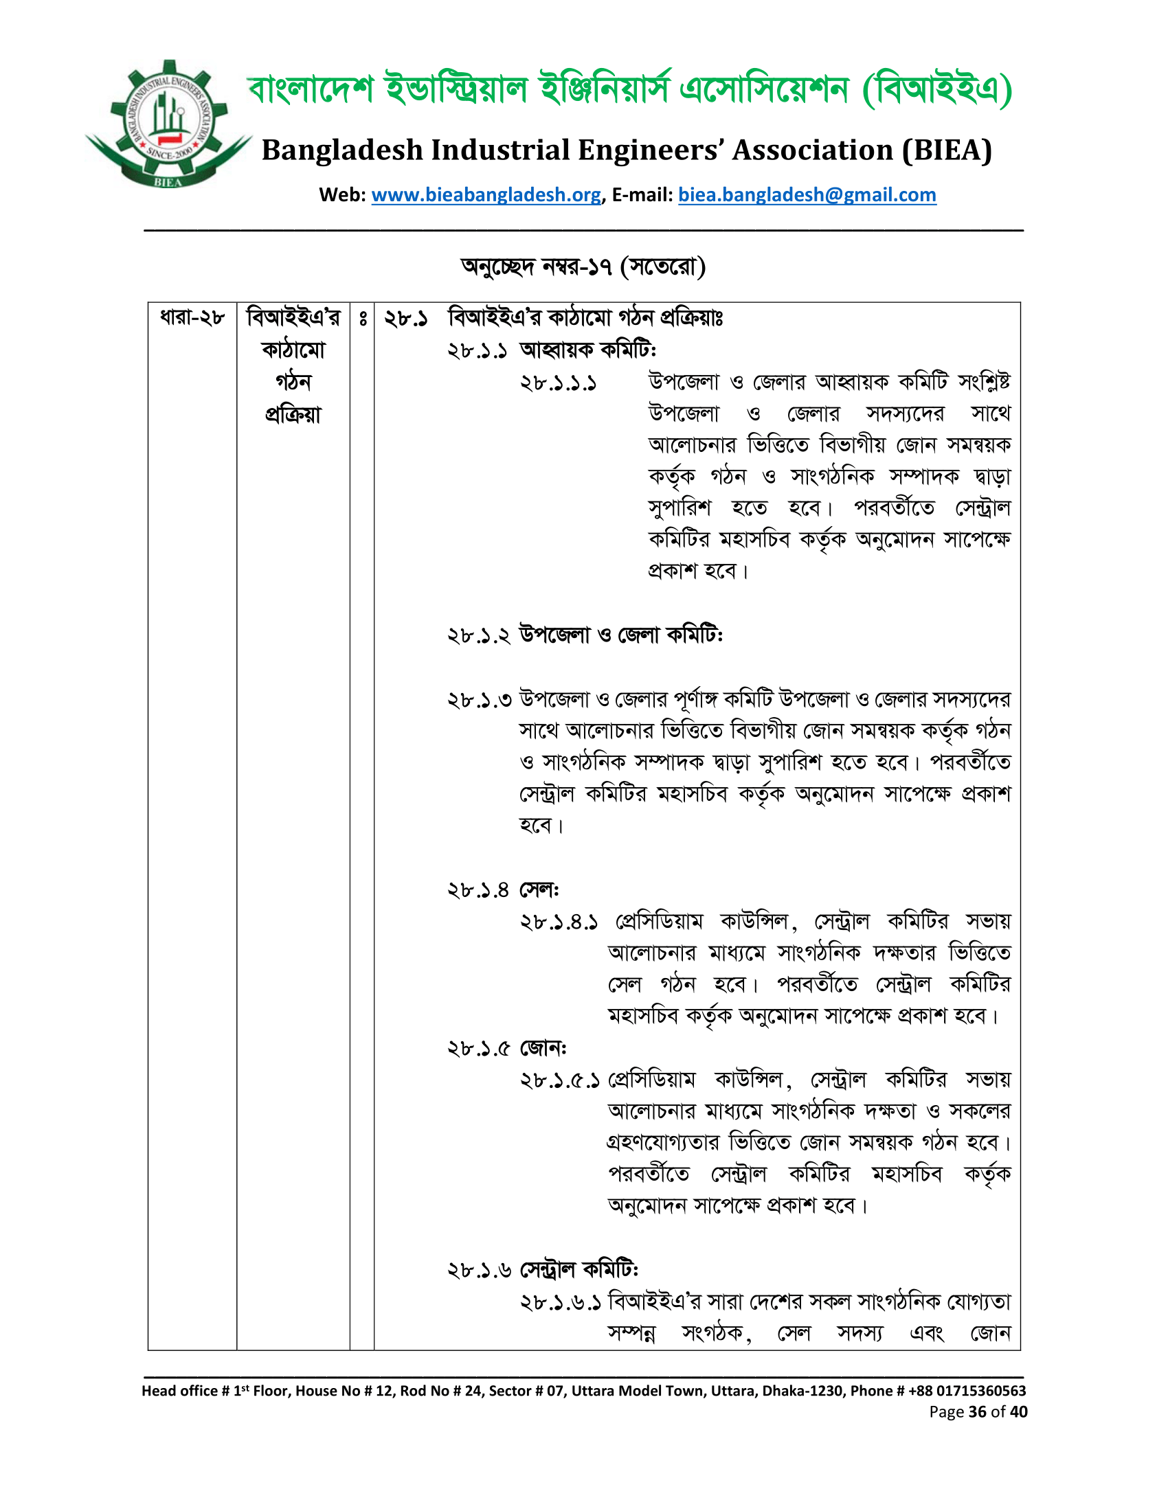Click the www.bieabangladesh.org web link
(x=486, y=195)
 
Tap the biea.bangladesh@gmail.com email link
(x=807, y=195)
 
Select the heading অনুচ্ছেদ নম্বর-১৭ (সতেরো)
(x=583, y=266)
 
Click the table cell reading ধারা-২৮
(x=192, y=317)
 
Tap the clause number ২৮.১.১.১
(x=559, y=383)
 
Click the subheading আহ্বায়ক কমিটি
(x=587, y=350)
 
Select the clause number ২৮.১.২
(x=479, y=635)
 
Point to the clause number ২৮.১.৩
(x=479, y=699)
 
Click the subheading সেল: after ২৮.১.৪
(x=539, y=889)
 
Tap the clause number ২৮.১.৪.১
(x=559, y=922)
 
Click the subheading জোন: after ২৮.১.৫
(x=543, y=1049)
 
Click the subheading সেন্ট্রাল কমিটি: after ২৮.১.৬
(x=579, y=1270)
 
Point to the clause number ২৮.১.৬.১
(x=560, y=1303)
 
